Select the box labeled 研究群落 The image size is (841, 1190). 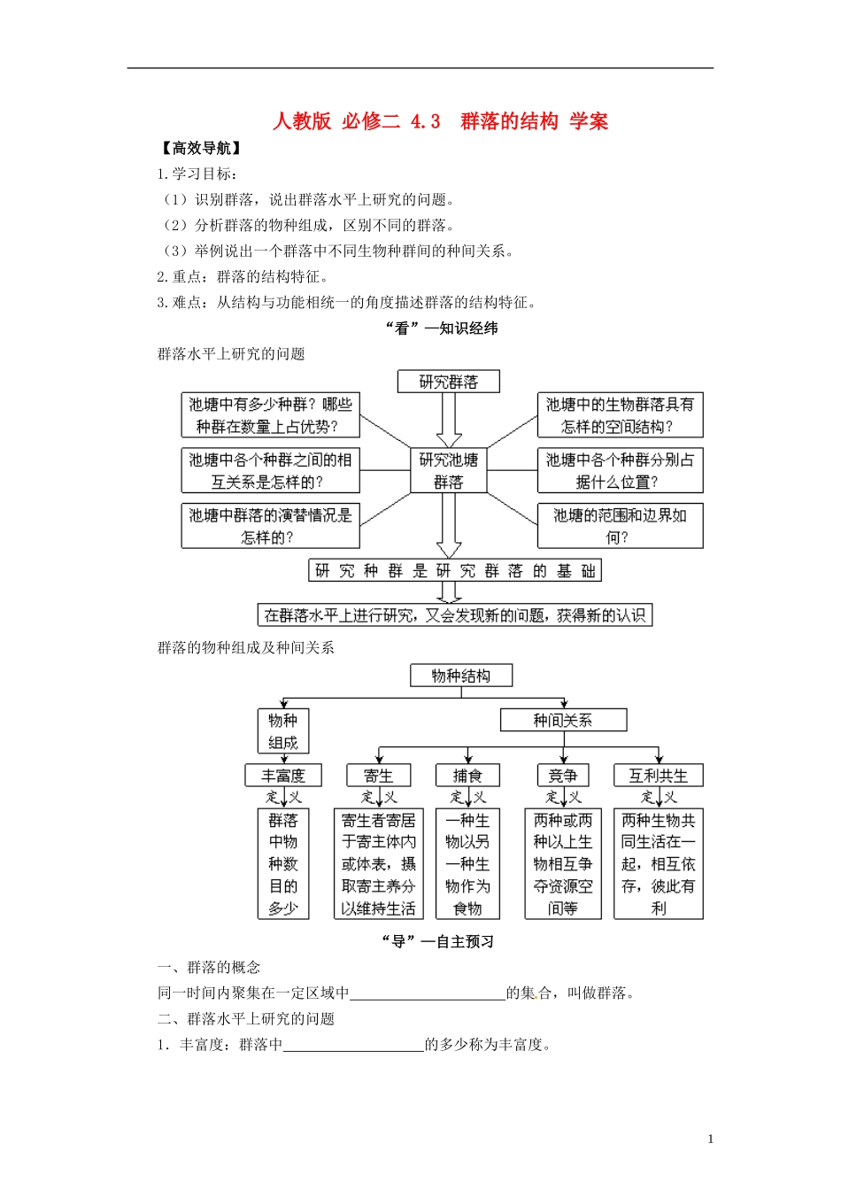point(449,382)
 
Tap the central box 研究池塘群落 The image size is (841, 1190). point(449,471)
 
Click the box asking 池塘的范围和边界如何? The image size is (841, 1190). point(620,526)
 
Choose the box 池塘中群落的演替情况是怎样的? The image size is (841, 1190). point(270,526)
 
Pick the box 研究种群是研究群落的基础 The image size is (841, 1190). point(455,571)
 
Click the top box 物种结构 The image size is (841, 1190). point(461,676)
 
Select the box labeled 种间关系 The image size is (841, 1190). point(563,720)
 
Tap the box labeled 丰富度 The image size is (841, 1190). point(283,776)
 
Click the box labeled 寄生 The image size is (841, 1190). point(378,776)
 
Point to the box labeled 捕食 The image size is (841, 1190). point(467,776)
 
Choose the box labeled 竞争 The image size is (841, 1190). point(563,776)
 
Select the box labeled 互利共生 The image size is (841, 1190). point(658,776)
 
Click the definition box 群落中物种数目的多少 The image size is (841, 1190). point(283,864)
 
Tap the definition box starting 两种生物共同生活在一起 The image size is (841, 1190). point(658,864)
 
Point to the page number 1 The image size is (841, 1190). point(710,1140)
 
